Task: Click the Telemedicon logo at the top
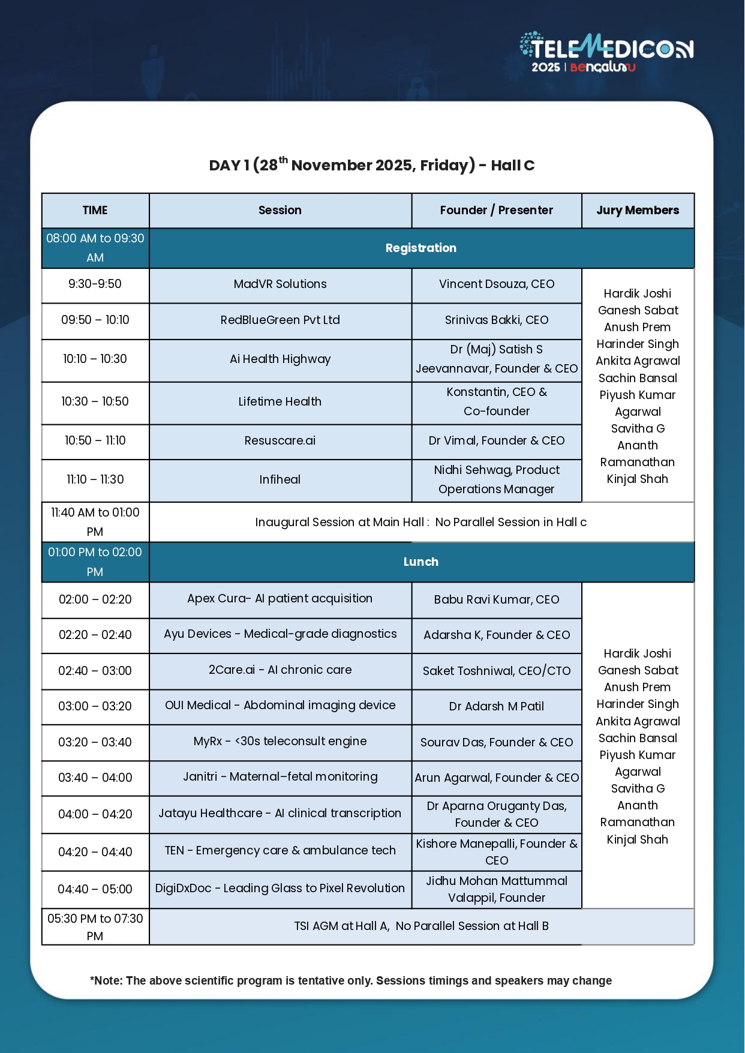606,53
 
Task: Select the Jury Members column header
638,210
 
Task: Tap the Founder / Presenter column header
496,210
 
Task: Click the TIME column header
95,210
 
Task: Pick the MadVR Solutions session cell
280,284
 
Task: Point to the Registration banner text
420,248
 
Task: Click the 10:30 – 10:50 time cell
95,401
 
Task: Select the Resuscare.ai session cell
280,441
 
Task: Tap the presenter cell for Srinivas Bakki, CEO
496,320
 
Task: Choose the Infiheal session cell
280,479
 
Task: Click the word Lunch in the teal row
420,562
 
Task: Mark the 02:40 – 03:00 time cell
95,671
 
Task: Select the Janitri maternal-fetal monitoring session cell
280,777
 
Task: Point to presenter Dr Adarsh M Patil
496,707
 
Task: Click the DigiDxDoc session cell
280,889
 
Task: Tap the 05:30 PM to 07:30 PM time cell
95,927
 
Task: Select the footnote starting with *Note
350,981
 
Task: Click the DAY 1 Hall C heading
371,165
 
